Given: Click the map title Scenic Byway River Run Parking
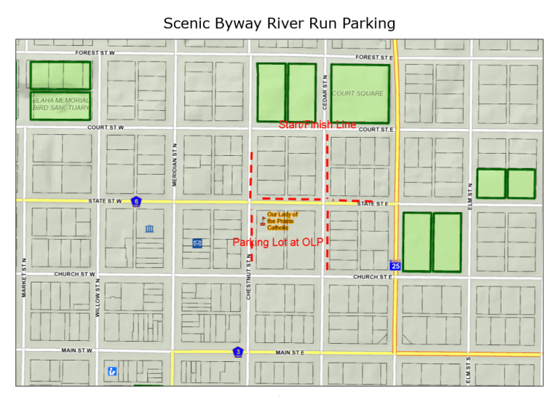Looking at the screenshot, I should tap(279, 23).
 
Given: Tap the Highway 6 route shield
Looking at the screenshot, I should tap(135, 201).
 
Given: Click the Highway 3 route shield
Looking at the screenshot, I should tap(237, 353).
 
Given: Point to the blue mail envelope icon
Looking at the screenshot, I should tap(197, 243).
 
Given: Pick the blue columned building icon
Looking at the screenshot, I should tap(149, 230).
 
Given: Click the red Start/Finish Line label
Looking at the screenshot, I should tap(317, 125).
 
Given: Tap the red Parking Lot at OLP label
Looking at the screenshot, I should tap(277, 242).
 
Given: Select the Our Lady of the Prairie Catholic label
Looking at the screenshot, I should tap(282, 220).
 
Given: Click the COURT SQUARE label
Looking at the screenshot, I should tap(357, 93).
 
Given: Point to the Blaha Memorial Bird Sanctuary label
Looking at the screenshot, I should tap(61, 104).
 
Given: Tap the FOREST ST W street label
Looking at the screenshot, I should tap(95, 53).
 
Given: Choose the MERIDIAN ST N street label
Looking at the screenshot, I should tap(175, 165).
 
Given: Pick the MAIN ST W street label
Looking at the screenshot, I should tap(77, 350).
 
